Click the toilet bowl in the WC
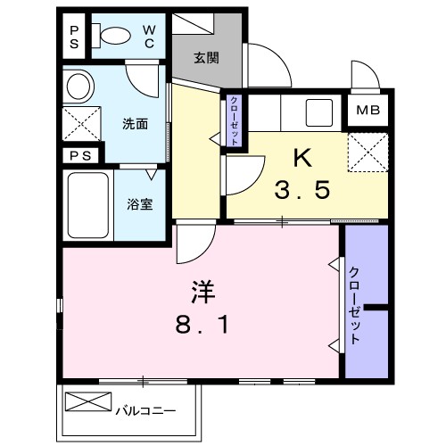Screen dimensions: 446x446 113,37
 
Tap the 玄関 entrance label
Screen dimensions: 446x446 207,57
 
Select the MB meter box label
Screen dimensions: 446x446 367,111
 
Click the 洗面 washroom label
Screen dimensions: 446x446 136,122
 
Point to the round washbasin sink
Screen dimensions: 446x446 79,87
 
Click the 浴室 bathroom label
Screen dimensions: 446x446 141,202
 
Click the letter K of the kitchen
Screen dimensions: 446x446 303,158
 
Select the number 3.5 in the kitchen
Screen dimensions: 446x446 303,189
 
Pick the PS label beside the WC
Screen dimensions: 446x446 75,36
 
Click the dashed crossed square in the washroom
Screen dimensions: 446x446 79,122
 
